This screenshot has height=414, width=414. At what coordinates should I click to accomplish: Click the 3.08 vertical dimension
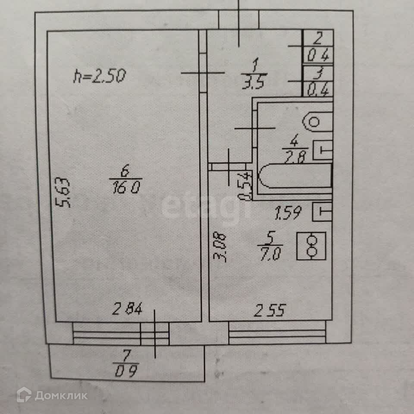(221, 246)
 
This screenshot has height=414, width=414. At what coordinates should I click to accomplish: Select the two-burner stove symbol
(311, 246)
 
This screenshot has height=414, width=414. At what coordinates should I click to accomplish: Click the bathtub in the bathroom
(295, 178)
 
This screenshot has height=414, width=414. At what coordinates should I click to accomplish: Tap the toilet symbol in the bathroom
(317, 122)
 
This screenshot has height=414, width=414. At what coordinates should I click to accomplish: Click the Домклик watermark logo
(52, 395)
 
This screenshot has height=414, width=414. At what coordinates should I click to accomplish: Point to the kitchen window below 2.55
(277, 333)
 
